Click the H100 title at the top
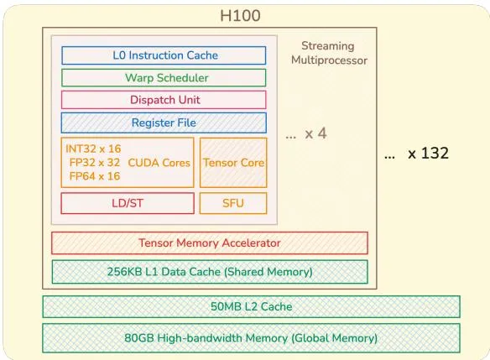tap(240, 16)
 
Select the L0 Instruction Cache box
tap(164, 55)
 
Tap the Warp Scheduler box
tap(164, 78)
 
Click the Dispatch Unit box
tap(164, 100)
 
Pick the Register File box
tap(164, 123)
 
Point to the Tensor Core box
tap(233, 163)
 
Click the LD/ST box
tap(128, 203)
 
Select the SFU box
tap(233, 203)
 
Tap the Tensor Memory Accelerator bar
tap(210, 243)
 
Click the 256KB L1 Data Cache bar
tap(210, 272)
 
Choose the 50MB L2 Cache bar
tap(251, 306)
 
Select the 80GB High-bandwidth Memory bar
tap(251, 338)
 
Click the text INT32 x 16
tap(93, 149)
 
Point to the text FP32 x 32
tap(94, 163)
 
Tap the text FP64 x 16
tap(94, 176)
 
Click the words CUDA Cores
tap(159, 163)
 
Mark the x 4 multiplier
tap(316, 133)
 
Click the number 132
tap(435, 153)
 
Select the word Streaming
tap(328, 46)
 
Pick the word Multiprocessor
tap(329, 60)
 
